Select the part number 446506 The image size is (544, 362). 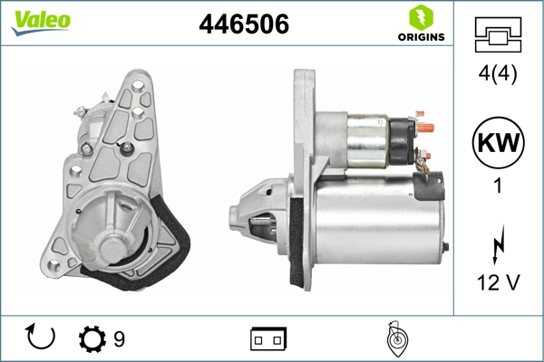tap(243, 25)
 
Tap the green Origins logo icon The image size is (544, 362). tap(420, 17)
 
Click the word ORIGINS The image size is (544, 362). tap(420, 37)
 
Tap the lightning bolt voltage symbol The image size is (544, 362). tap(496, 245)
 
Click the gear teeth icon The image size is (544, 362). tap(92, 338)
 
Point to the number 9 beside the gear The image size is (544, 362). tap(119, 338)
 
